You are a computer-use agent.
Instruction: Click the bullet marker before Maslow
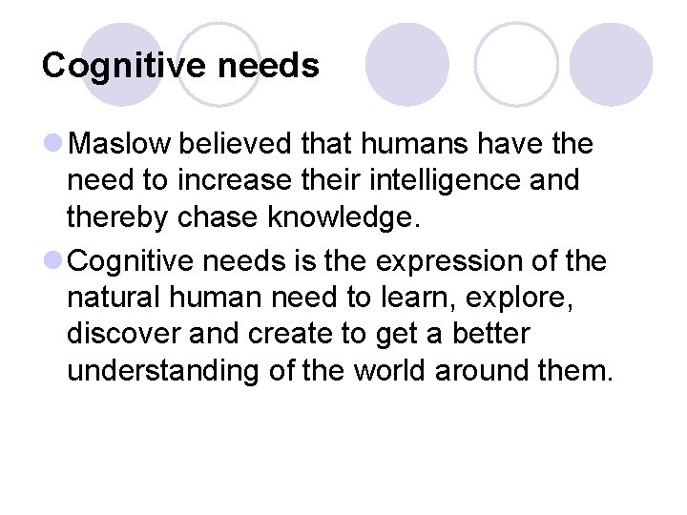pos(54,145)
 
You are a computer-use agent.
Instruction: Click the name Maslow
pos(120,145)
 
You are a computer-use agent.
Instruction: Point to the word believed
pos(235,145)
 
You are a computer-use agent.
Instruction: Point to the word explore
pos(531,298)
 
